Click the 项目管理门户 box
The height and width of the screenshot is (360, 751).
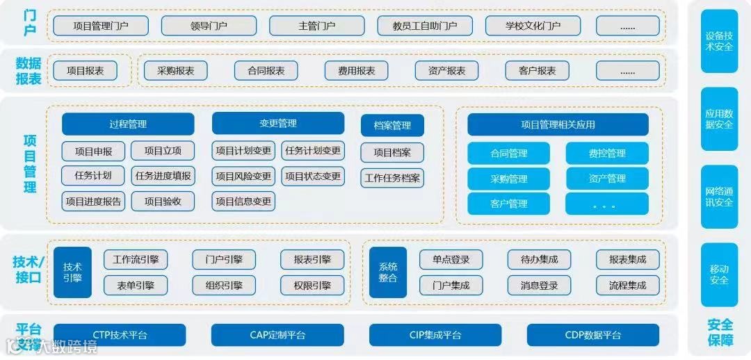coord(101,26)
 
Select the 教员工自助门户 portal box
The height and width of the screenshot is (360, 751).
coord(425,26)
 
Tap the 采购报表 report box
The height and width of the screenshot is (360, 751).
coord(176,71)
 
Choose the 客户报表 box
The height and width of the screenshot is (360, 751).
coord(538,71)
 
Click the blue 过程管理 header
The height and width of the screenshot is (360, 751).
coord(128,124)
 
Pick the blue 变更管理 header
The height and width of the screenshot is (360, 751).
coord(278,124)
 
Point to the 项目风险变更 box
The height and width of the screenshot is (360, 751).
coord(243,177)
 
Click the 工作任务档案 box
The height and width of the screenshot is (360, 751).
coord(392,178)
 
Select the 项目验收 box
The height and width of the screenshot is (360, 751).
coord(163,202)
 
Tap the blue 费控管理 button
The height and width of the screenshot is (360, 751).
coord(607,154)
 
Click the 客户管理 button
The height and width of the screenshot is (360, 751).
coord(509,204)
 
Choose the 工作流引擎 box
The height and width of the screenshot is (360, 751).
coord(136,260)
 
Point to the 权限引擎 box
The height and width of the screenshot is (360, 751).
coord(312,285)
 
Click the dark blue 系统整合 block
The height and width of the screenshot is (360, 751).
coord(388,272)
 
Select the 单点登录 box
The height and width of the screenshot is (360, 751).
coord(451,260)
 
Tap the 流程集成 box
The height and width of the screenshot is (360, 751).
coord(628,285)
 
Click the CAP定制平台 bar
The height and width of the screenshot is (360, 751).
coord(277,335)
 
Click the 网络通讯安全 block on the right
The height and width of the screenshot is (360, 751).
coord(719,197)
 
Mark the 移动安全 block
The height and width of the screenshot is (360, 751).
coord(719,275)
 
